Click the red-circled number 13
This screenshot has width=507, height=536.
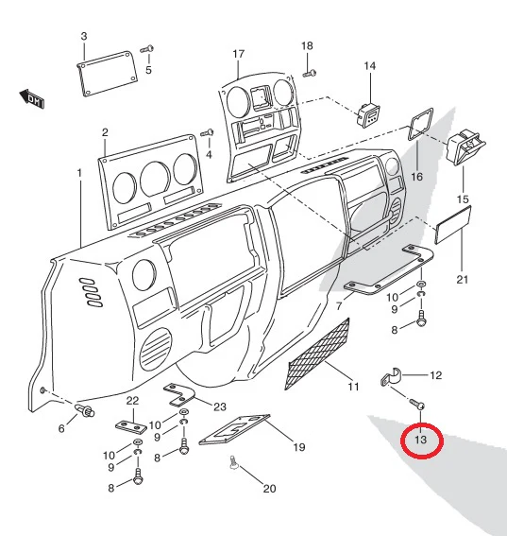tap(421, 440)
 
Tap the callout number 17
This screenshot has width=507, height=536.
tap(239, 54)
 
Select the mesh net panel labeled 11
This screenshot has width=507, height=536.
tap(317, 354)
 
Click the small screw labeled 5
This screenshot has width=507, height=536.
tap(147, 49)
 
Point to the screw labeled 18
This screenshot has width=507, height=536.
tap(310, 73)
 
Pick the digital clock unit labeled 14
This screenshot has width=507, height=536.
tap(368, 114)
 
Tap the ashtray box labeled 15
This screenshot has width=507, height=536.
tap(466, 147)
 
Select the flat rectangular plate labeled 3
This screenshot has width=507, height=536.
tap(107, 74)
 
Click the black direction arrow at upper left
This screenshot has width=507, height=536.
tap(32, 99)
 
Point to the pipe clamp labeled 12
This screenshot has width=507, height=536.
tap(391, 377)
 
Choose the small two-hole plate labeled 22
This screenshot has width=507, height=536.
tap(131, 426)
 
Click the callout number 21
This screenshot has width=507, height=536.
tap(463, 280)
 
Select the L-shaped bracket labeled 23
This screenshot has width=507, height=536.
tap(177, 394)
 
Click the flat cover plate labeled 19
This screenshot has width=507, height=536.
tap(234, 429)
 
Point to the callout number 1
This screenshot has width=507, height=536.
tap(79, 173)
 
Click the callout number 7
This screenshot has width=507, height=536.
tap(339, 306)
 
